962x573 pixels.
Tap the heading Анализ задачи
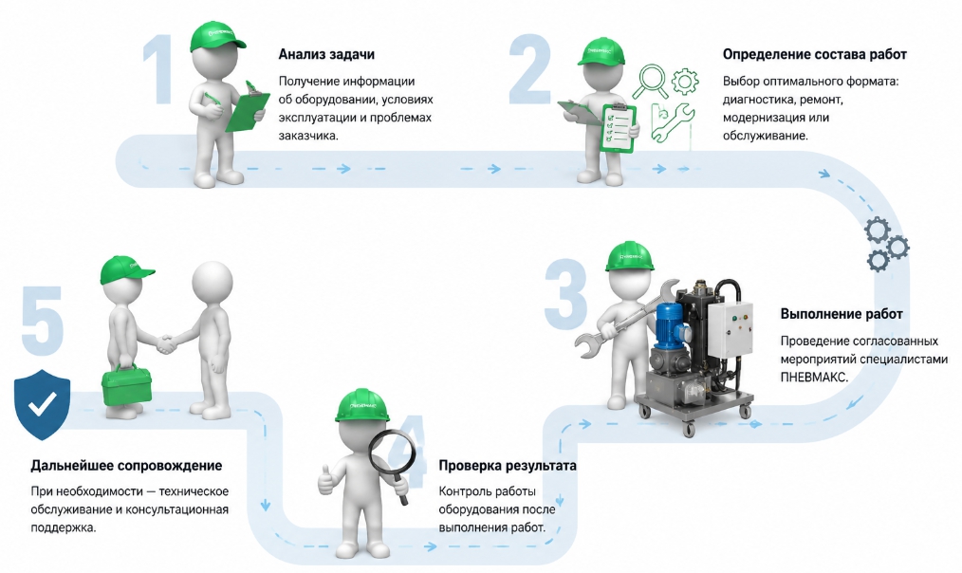[326, 54]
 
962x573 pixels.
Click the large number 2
[529, 69]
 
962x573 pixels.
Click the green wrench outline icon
[673, 123]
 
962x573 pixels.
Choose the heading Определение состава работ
[814, 54]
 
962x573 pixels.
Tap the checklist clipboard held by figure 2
[618, 127]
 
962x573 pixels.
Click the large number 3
[565, 292]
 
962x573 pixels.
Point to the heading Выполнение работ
[842, 314]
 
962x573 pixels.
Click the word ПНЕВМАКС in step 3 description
[814, 377]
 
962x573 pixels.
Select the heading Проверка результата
[508, 466]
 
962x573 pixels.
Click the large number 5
[43, 319]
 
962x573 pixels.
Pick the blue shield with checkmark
[43, 404]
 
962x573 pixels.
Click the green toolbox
[127, 384]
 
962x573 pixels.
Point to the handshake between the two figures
[166, 342]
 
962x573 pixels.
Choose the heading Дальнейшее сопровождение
[126, 466]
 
